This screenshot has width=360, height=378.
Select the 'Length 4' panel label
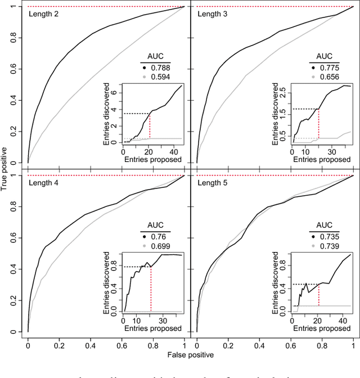(43, 183)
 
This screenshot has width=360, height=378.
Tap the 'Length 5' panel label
(213, 183)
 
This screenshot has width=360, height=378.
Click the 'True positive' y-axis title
(4, 169)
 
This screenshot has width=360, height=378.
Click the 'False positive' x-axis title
(191, 355)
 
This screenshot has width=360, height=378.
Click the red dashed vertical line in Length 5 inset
(319, 298)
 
